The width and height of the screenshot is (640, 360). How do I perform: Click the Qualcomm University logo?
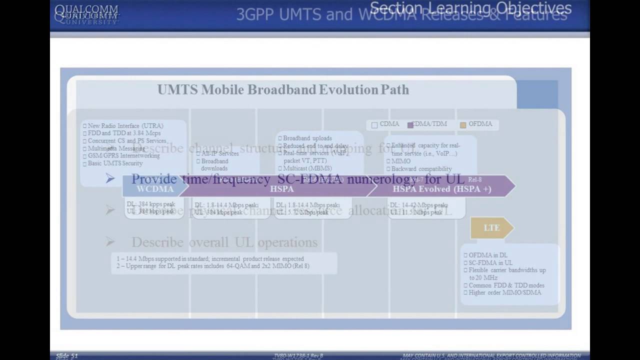click(86, 14)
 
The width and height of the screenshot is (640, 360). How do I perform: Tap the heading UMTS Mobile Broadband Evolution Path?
click(283, 90)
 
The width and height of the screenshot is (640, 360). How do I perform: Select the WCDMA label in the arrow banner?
click(155, 189)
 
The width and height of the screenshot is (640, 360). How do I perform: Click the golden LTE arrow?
click(491, 228)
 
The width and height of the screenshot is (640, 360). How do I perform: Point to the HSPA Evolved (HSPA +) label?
click(441, 189)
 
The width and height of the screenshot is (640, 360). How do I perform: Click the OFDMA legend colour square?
click(463, 125)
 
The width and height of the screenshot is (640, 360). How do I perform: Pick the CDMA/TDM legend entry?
click(427, 124)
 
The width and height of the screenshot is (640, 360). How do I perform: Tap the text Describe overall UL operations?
click(224, 242)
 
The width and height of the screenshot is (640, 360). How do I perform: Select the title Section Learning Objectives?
click(470, 8)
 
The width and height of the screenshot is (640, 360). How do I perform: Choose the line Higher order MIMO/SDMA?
click(504, 292)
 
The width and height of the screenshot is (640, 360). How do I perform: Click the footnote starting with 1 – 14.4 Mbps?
click(210, 259)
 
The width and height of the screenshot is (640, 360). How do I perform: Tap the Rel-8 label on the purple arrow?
click(474, 179)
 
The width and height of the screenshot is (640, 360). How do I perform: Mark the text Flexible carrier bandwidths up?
click(507, 270)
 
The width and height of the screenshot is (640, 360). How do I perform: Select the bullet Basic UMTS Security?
click(115, 163)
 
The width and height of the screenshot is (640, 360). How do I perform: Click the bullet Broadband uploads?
click(307, 138)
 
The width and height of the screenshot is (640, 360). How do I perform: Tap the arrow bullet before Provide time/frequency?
click(110, 178)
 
